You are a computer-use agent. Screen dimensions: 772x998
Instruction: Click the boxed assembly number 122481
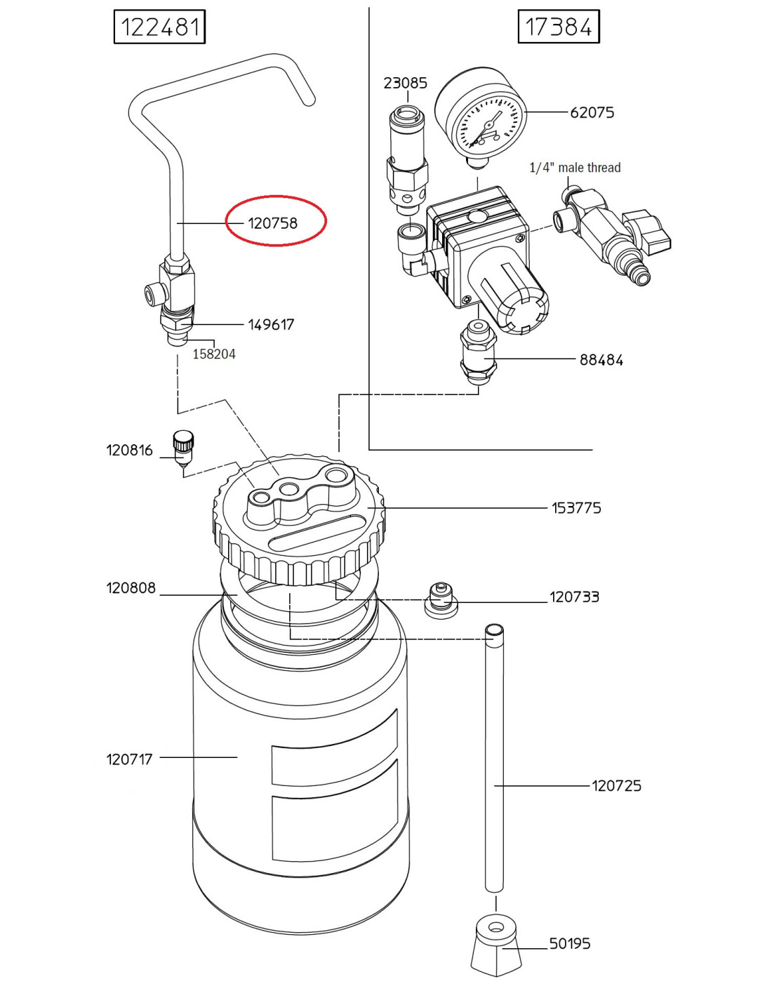click(159, 27)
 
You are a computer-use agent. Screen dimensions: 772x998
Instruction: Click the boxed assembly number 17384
click(558, 27)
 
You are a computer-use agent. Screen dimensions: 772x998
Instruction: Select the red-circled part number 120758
click(273, 224)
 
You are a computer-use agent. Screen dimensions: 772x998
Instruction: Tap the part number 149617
click(271, 325)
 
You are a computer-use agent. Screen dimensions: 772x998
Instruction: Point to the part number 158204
click(214, 354)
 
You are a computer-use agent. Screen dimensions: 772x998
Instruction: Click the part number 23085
click(406, 83)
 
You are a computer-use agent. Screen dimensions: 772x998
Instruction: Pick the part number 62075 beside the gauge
click(592, 112)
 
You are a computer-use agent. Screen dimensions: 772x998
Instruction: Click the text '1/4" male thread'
click(575, 168)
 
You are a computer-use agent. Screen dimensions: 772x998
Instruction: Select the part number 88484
click(601, 360)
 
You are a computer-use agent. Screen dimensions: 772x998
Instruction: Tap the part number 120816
click(130, 450)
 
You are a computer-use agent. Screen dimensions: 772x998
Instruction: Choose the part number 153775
click(576, 508)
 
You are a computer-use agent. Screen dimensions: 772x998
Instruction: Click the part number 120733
click(575, 597)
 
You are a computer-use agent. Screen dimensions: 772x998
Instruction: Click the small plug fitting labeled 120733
click(441, 600)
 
